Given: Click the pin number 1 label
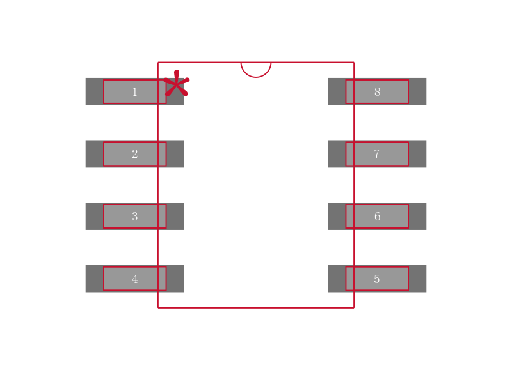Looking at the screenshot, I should [x=134, y=92].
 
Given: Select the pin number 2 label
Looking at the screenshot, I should [x=134, y=154].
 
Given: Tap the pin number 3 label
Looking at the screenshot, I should [x=134, y=217].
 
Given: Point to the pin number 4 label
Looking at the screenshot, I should [x=134, y=279].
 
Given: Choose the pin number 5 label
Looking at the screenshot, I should [x=376, y=279].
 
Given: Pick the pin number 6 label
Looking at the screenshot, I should [x=377, y=217].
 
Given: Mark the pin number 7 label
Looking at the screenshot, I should [x=376, y=154].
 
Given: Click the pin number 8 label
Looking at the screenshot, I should [x=377, y=92].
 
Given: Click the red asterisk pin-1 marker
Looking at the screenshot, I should [x=176, y=84].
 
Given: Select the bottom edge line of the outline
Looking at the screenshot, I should [x=256, y=307].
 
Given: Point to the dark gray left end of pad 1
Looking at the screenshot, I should [x=94, y=92].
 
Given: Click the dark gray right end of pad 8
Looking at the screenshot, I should [x=417, y=92].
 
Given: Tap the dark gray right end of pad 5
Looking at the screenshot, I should [x=417, y=279].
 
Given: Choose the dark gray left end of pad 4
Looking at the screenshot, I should [x=94, y=279].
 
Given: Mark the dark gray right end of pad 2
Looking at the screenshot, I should [x=175, y=154].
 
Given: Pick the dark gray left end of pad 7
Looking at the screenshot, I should [x=337, y=154].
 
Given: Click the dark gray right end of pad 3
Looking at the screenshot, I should [x=175, y=217].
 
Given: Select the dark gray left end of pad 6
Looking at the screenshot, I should [x=337, y=217].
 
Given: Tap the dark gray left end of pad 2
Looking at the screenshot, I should [x=94, y=154].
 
